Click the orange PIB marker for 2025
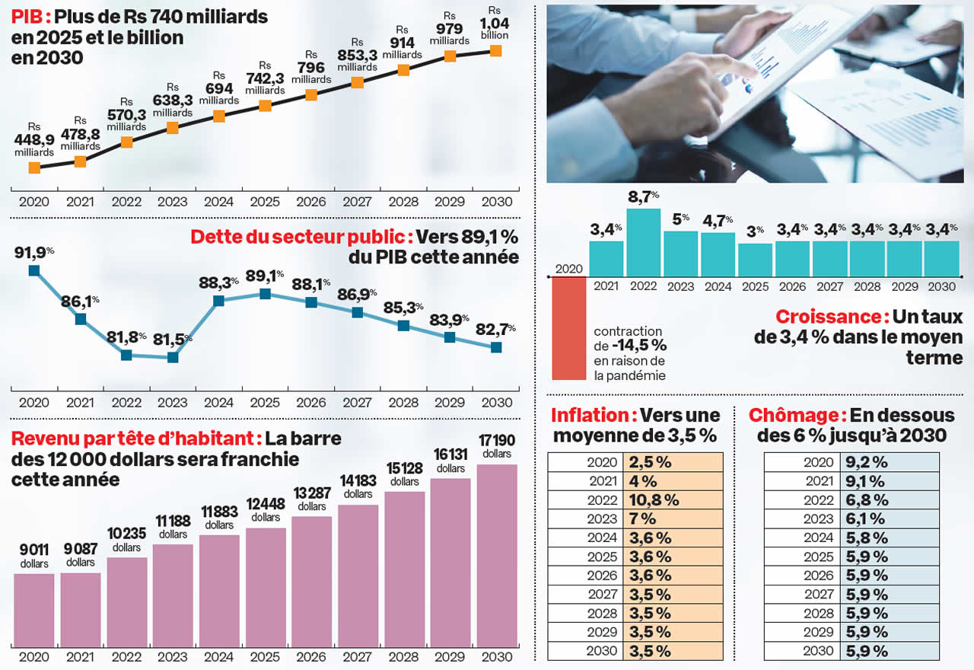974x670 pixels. pos(265,105)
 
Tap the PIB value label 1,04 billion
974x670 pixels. pos(495,29)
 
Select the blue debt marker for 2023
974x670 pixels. pos(173,356)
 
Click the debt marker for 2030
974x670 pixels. pos(496,347)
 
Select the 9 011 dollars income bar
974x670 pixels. pos(34,609)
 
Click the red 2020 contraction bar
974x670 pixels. pos(568,327)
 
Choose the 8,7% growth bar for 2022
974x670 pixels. pos(643,242)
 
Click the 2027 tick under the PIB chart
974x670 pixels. pos(357,202)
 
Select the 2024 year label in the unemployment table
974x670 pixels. pos(818,538)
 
